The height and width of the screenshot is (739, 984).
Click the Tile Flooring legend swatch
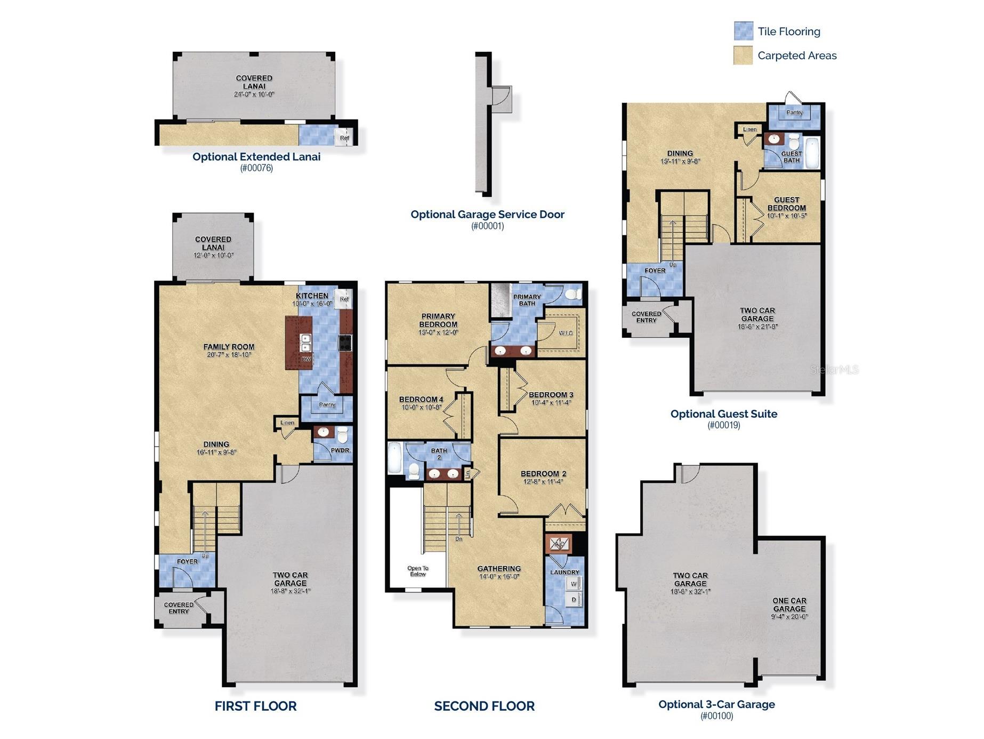743,31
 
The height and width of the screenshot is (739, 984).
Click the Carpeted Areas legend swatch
743,55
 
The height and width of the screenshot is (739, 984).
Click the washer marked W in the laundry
574,584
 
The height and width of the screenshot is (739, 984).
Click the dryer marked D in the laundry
574,600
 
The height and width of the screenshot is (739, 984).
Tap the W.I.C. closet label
566,333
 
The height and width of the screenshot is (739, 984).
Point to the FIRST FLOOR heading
255,706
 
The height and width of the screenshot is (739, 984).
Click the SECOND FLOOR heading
484,706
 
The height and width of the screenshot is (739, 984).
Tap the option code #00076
256,168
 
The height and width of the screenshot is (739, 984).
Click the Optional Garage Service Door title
487,214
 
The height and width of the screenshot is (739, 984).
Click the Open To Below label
418,571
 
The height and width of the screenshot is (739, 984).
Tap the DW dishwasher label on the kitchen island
307,360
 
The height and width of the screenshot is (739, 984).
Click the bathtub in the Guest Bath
812,153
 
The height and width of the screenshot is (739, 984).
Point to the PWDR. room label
341,450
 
